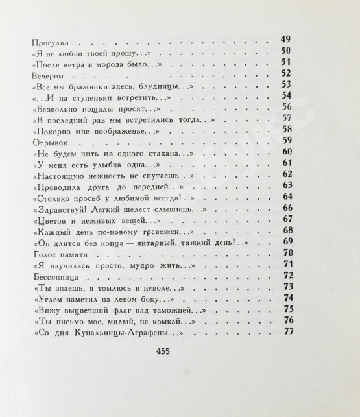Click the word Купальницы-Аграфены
pos(126,332)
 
